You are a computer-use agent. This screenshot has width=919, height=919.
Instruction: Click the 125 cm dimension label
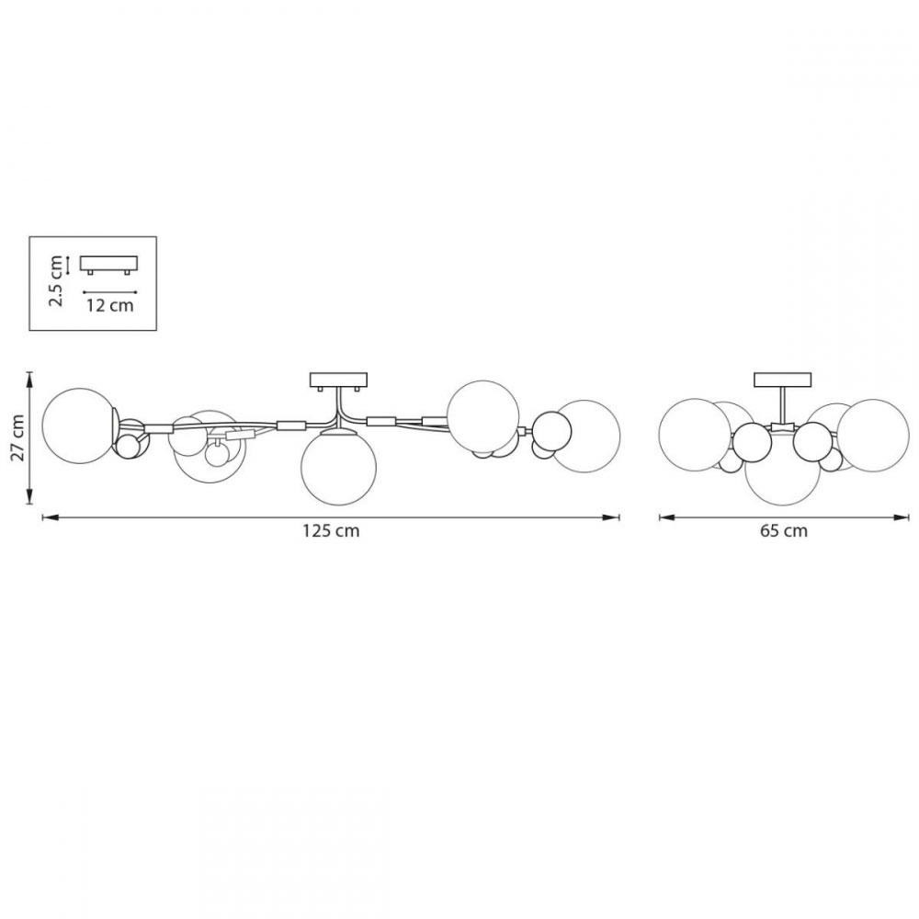[x=331, y=531]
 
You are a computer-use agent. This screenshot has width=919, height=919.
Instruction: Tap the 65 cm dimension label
[x=784, y=531]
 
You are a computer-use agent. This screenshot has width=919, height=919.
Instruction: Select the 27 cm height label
[x=18, y=437]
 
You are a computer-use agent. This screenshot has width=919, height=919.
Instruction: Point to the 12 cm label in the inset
[x=110, y=305]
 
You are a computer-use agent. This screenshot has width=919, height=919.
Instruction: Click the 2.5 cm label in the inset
[x=56, y=280]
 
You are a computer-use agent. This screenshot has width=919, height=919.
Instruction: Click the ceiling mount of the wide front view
[x=338, y=381]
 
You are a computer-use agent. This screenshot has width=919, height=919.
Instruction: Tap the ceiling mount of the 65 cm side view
[x=783, y=380]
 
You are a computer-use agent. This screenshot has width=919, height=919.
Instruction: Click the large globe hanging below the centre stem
[x=338, y=467]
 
